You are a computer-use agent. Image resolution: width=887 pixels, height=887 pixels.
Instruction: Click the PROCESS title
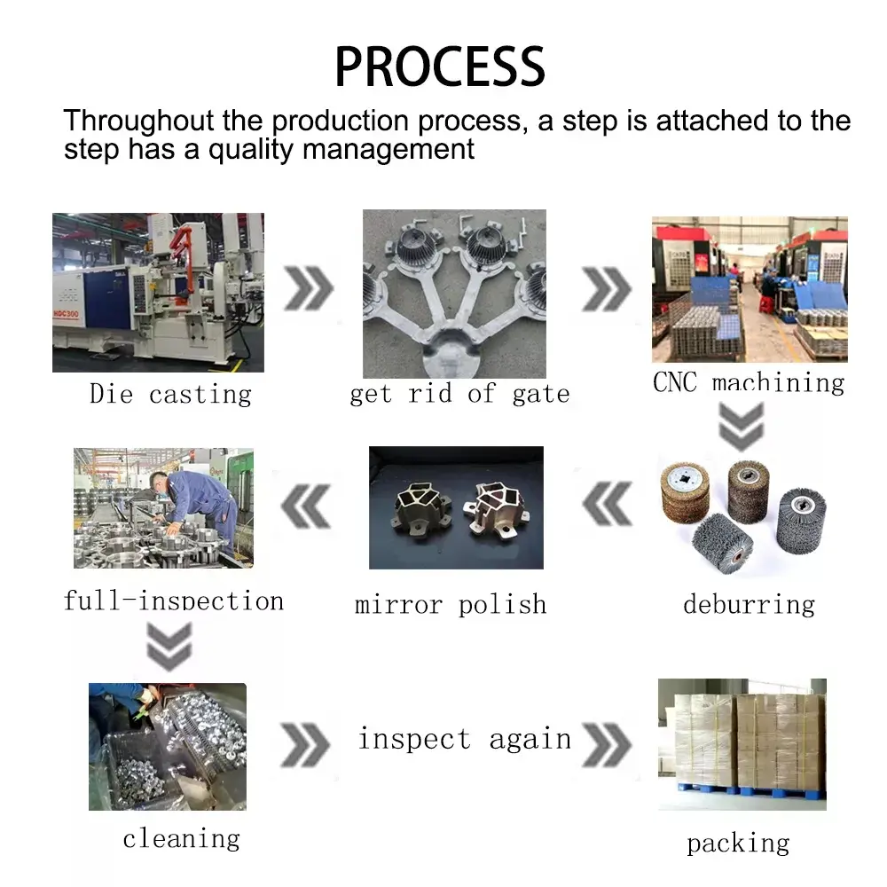point(440,66)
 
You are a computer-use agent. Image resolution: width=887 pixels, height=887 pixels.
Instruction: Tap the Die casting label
point(170,394)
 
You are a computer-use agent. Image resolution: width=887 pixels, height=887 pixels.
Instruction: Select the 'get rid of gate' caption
point(459,394)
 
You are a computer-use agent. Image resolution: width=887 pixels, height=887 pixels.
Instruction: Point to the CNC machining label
point(749,382)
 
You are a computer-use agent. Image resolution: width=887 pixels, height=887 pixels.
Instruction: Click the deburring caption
point(749,605)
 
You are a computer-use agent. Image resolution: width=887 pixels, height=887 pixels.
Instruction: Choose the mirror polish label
point(451,605)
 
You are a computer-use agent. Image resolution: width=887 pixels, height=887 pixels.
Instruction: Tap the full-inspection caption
point(174,600)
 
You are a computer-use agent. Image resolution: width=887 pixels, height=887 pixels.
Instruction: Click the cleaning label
point(181,838)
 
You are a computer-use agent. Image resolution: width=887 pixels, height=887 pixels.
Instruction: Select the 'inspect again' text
point(465,739)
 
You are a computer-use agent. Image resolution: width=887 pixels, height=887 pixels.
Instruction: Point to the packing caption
point(738,843)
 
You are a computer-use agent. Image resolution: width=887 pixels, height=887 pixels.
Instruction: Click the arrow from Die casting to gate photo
point(309,288)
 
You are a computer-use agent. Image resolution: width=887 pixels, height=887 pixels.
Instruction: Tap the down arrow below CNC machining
point(741,427)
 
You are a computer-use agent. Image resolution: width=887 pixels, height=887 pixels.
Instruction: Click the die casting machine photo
point(158,292)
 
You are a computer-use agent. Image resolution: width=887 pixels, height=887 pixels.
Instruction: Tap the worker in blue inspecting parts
point(197,506)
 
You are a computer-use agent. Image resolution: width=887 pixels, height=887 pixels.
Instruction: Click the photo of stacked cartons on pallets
point(742,743)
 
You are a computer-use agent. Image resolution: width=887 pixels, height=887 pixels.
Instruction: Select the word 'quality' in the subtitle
point(252,149)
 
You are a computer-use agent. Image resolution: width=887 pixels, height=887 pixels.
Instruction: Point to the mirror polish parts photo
point(456,507)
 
